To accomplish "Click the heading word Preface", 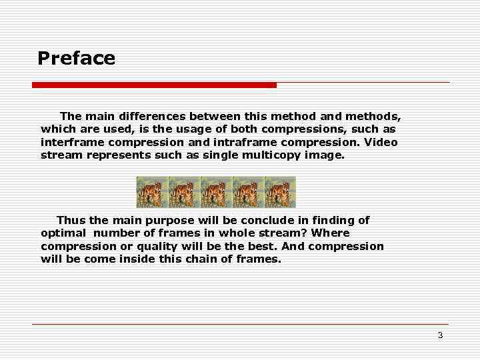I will [x=76, y=59].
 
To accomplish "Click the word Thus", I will [x=71, y=220].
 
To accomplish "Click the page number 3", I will [x=440, y=335].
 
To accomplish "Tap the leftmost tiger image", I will [x=152, y=192].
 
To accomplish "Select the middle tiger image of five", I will [x=216, y=192].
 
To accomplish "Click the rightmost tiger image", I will [x=280, y=192].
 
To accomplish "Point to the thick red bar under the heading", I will [x=154, y=85].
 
